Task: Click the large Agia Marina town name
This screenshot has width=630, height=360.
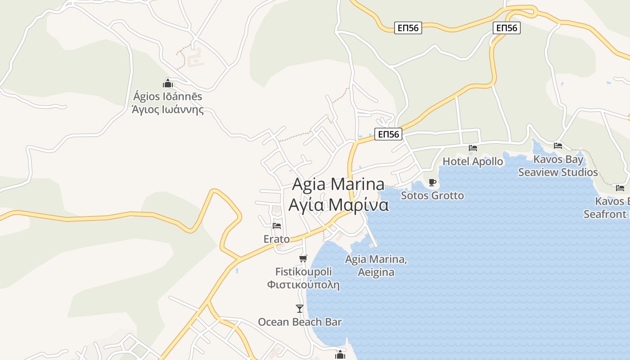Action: [338, 184]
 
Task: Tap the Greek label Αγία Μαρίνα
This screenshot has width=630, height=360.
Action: [338, 205]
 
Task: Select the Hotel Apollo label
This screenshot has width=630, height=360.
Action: [472, 162]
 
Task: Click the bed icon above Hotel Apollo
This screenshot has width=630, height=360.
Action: [472, 148]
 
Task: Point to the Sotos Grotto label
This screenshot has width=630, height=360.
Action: [432, 196]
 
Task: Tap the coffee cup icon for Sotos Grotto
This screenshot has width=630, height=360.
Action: [432, 182]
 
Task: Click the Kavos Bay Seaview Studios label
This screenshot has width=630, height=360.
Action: [558, 166]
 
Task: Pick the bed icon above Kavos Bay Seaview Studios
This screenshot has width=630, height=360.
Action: [558, 145]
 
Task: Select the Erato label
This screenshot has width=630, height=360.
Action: [277, 239]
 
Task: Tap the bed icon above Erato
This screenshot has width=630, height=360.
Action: [277, 225]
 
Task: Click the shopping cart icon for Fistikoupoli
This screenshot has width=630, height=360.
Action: [303, 258]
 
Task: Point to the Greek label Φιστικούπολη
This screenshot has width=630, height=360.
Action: [303, 285]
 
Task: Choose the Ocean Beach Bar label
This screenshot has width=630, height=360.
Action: [300, 322]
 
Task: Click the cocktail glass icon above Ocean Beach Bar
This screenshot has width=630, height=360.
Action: [300, 308]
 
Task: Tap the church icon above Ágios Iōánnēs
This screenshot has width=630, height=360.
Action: [168, 83]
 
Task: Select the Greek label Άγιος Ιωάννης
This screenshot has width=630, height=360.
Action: [167, 109]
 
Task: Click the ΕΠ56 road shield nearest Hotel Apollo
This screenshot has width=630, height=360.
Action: [388, 134]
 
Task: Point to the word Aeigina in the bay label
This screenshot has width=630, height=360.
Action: [376, 272]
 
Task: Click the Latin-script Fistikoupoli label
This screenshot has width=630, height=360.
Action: [303, 272]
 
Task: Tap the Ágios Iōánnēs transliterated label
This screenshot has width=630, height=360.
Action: [167, 96]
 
